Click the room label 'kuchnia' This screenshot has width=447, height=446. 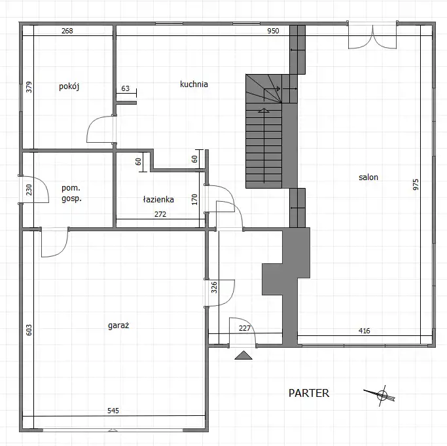pyautogui.click(x=194, y=84)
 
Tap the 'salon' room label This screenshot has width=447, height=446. pyautogui.click(x=368, y=177)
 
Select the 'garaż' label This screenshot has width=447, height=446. pyautogui.click(x=118, y=325)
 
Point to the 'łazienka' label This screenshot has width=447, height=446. pyautogui.click(x=158, y=199)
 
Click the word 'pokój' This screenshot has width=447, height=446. pyautogui.click(x=69, y=86)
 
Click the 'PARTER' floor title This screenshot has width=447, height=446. pyautogui.click(x=309, y=393)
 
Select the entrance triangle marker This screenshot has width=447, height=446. pyautogui.click(x=243, y=355)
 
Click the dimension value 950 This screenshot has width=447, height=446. pyautogui.click(x=273, y=31)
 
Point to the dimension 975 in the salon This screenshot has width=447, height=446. pyautogui.click(x=416, y=185)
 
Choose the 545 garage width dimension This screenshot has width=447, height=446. pyautogui.click(x=113, y=411)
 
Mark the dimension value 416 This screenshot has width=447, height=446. pyautogui.click(x=365, y=331)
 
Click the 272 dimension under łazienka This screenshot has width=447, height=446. pyautogui.click(x=160, y=214)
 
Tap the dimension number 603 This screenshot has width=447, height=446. pyautogui.click(x=29, y=330)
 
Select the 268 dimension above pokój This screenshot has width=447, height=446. pyautogui.click(x=67, y=31)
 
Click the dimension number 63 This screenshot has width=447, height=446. pyautogui.click(x=126, y=88)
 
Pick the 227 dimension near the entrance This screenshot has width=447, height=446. pyautogui.click(x=245, y=328)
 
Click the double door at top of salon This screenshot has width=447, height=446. pyautogui.click(x=372, y=35)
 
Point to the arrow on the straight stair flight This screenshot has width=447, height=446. pyautogui.click(x=264, y=145)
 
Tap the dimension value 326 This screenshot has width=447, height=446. pyautogui.click(x=214, y=288)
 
